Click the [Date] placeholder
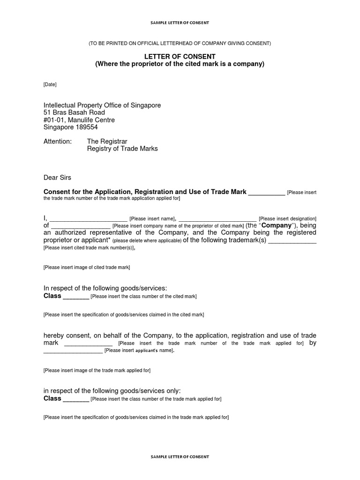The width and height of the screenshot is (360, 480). coord(50,84)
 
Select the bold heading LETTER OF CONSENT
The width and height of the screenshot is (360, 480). coord(180,56)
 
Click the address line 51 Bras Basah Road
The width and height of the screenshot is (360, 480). coord(74,112)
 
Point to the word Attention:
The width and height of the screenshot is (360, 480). coord(58,141)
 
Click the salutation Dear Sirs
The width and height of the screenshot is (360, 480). coord(57,178)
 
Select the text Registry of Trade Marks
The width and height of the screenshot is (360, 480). coord(122,149)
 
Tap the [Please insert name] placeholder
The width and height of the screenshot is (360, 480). coord(152,218)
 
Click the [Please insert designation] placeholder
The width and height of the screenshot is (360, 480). coord(287,218)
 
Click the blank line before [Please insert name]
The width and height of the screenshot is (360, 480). coord(88,219)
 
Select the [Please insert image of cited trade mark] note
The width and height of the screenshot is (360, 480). coord(87,267)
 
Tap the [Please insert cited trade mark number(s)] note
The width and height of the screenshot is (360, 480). coord(89,248)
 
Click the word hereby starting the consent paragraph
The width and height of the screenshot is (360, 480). coord(53,336)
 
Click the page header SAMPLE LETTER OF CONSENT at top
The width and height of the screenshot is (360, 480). coord(180,22)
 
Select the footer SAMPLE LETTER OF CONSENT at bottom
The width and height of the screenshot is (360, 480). coord(180,457)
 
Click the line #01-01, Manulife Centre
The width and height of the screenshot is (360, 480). coord(79,120)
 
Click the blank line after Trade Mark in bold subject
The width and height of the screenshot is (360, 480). coord(266,192)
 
